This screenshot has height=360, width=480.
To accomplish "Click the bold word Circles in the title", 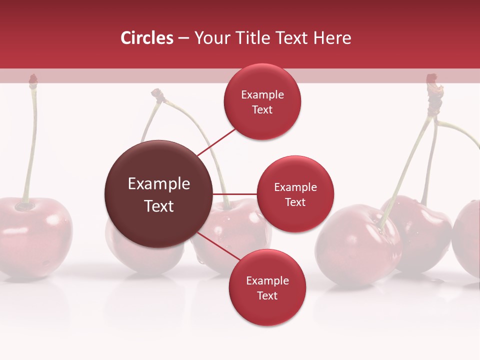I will click(147, 38).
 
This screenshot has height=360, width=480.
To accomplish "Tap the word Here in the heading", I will click(332, 38).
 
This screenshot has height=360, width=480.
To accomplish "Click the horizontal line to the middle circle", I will click(235, 194).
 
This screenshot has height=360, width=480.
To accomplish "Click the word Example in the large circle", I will click(159, 184).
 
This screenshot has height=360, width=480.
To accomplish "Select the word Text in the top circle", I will click(262, 110).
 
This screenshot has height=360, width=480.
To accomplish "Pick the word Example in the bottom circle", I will click(267, 281).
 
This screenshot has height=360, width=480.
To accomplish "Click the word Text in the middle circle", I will click(295, 202).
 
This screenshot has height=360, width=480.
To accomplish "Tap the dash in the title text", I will click(183, 38).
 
